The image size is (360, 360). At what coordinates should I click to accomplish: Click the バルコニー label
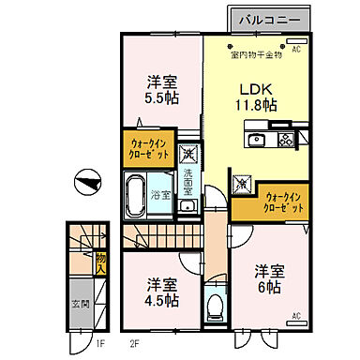pos(268,18)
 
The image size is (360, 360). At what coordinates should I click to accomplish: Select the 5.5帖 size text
pos(162,97)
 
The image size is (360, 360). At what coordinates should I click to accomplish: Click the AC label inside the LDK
pos(296,48)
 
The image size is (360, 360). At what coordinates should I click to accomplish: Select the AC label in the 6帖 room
pos(295,316)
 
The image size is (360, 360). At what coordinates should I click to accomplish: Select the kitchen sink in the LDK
pos(258,141)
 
